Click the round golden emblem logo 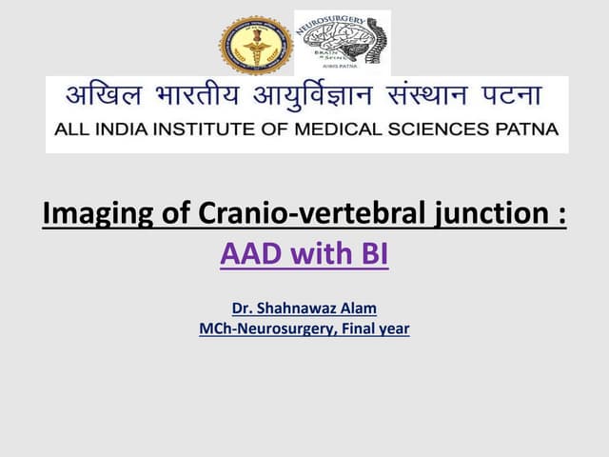256,46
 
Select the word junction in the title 486,214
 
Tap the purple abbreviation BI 371,254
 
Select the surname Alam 358,308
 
